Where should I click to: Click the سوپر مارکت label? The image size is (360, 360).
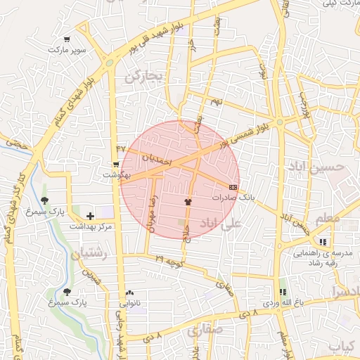[x=67, y=51]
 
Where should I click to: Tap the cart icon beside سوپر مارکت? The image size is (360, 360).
[x=67, y=39]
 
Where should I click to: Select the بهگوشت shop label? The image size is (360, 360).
[x=115, y=174]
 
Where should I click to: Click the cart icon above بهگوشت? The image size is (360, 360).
[x=116, y=164]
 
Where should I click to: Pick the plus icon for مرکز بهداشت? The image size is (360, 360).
[x=89, y=215]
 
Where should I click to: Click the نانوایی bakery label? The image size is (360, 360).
[x=129, y=304]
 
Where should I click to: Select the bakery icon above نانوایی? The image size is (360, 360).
[x=129, y=292]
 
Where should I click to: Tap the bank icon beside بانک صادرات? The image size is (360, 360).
[x=233, y=187]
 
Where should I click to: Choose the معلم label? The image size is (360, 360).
[x=328, y=219]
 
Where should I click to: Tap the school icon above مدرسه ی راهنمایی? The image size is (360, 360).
[x=322, y=241]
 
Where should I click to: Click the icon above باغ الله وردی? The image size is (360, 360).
[x=283, y=291]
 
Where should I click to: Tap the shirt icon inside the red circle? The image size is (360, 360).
[x=188, y=202]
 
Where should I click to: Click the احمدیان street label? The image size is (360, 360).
[x=156, y=160]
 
